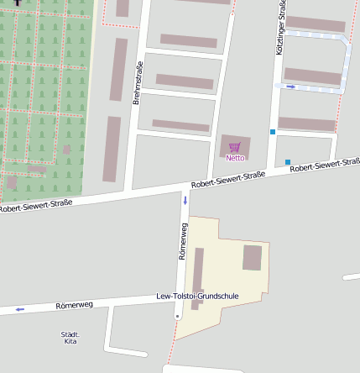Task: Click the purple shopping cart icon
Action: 235,147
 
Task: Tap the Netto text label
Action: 235,157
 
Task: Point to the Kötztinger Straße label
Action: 280,28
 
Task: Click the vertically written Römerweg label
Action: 182,241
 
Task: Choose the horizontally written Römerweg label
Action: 74,305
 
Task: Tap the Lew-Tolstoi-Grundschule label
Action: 198,297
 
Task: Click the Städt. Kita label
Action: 70,338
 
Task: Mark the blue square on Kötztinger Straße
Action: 273,132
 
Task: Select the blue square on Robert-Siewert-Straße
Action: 288,162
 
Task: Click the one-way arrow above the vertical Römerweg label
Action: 185,201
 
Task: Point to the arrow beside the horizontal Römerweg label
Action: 19,309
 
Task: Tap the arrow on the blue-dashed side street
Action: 291,87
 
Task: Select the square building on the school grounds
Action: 252,258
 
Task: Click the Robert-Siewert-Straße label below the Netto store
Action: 228,179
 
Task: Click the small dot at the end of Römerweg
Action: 177,316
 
